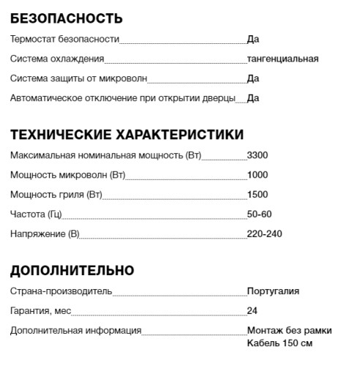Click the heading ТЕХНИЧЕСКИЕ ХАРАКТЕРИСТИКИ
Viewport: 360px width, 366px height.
(127, 135)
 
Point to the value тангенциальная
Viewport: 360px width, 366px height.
(282, 59)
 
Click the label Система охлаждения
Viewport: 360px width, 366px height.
(57, 59)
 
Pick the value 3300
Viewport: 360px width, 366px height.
(258, 156)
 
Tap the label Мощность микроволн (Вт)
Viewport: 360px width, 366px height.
(68, 176)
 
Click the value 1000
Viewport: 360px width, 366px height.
(258, 176)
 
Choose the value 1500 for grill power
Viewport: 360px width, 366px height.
(258, 195)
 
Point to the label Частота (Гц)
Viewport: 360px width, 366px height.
(36, 214)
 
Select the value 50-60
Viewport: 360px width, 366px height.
(259, 214)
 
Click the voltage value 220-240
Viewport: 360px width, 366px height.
(264, 234)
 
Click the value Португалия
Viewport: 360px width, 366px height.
(273, 291)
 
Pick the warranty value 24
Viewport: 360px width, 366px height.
(252, 311)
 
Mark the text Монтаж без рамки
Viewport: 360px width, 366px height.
(289, 331)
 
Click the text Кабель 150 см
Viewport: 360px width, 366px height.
(280, 343)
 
